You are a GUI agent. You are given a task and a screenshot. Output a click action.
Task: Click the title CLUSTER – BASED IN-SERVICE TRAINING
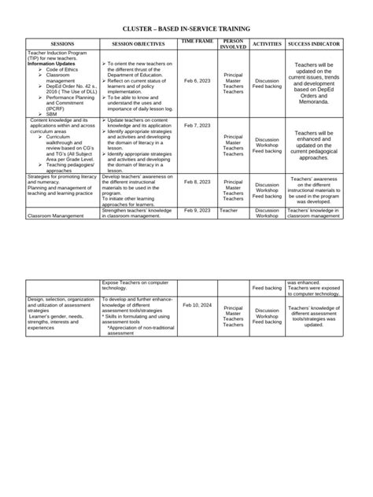point(186,28)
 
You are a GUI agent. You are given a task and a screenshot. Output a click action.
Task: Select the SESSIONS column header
point(62,44)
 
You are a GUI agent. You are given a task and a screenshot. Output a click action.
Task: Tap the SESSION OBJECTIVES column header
point(139,44)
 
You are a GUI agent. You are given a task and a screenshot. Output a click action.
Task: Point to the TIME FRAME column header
point(197,41)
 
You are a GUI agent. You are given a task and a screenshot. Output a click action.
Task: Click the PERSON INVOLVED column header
point(233,43)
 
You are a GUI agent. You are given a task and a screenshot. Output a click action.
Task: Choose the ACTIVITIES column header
point(267,44)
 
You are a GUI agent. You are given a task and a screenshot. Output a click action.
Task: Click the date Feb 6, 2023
point(197,80)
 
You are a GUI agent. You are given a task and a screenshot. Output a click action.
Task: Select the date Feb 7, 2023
point(197,125)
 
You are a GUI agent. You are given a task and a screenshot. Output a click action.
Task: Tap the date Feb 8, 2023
point(197,182)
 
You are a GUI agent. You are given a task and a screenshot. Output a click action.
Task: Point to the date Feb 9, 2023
point(197,211)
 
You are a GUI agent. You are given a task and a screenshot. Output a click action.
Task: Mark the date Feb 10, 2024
point(197,304)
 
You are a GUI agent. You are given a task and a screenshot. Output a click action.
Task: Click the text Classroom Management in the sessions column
point(55,215)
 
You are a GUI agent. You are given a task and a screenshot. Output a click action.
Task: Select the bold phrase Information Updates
point(52,64)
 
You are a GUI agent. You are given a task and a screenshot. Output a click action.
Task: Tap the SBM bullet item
point(51,113)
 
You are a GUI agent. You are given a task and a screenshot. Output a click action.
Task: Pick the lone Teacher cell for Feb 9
point(229,211)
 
